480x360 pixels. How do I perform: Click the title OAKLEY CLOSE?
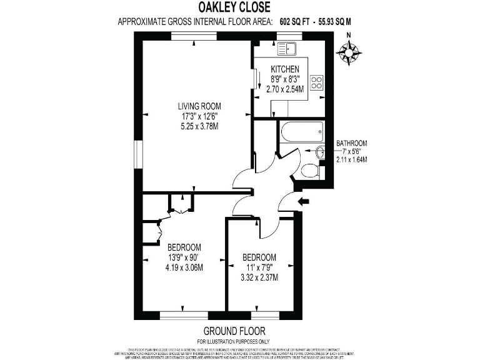(234, 8)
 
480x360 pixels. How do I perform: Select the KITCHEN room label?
(285, 69)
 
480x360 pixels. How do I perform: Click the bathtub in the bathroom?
(301, 132)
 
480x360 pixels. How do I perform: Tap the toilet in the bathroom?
(309, 170)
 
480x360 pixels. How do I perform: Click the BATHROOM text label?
(351, 143)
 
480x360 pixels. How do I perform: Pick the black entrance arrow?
(305, 201)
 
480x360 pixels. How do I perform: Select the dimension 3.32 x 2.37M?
(259, 277)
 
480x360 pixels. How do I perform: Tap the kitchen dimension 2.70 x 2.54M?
(285, 89)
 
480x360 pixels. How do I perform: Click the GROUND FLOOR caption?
(234, 331)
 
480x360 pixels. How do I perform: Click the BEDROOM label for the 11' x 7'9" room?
(259, 257)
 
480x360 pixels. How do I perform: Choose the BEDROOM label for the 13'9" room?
(184, 246)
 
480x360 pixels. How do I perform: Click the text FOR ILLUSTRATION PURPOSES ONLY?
(234, 341)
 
